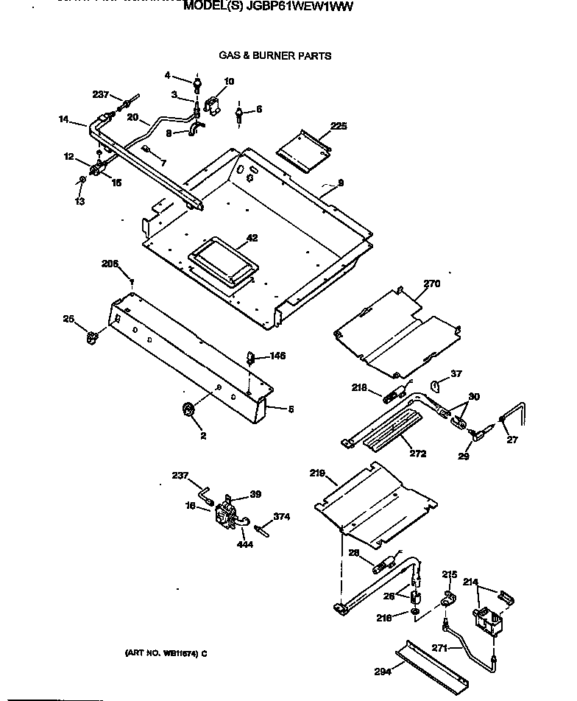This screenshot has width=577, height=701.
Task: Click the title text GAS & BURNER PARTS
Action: coord(275,55)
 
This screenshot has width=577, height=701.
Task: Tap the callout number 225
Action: coord(339,126)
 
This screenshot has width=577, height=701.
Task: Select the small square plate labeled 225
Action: coord(301,150)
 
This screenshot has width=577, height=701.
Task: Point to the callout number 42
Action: coord(252,237)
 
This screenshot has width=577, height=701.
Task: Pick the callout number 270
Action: coord(431,282)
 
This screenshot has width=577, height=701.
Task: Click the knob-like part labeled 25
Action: coord(92,337)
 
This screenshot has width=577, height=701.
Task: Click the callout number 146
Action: coord(277,356)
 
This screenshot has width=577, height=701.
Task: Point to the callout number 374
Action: coord(282,517)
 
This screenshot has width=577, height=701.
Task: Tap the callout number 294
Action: coord(381,670)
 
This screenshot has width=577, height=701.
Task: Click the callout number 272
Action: coord(417,454)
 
